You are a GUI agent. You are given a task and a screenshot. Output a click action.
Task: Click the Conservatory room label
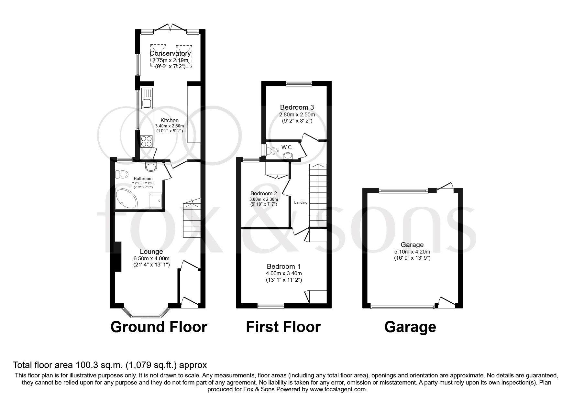point(170,53)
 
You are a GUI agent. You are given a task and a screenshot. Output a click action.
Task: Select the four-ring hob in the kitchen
point(147,141)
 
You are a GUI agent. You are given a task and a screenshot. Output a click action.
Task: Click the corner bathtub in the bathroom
point(126,198)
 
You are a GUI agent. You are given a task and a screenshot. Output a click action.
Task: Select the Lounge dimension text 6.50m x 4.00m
point(151,258)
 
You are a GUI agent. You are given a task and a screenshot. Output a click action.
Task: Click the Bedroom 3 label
point(297,107)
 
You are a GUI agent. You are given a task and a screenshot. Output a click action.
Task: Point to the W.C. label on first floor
point(287,147)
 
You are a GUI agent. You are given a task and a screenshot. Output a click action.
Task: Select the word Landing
point(301,203)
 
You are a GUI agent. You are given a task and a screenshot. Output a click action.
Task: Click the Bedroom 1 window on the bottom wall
point(271,305)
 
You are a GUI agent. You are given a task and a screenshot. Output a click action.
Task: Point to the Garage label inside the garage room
point(412,245)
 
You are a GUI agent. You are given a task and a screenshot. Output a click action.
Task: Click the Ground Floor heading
point(159,327)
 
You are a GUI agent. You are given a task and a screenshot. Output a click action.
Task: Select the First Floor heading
point(283,327)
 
